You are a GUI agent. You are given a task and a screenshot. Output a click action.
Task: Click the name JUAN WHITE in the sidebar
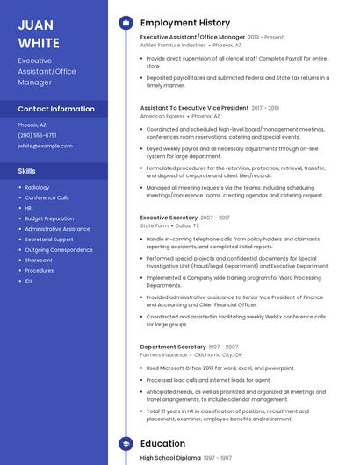coord(39,33)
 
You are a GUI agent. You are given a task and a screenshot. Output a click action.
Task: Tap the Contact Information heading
coord(56,109)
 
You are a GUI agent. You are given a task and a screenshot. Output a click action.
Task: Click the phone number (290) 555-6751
coord(37,135)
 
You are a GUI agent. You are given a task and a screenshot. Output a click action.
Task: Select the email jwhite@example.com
coord(45,146)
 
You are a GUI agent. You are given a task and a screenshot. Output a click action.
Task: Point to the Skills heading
coord(27,171)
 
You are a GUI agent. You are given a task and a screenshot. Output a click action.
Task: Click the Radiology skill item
coord(37,187)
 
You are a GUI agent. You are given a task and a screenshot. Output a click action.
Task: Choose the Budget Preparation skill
coord(49,218)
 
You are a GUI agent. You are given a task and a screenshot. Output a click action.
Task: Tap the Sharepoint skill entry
coord(39,260)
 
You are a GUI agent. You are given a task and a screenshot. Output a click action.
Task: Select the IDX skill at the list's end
coord(29,281)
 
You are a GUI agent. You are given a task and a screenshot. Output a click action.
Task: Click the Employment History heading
coord(185,23)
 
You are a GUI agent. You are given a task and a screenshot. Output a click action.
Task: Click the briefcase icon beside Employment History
coord(126,23)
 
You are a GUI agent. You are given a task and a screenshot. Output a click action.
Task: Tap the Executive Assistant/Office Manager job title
coord(192,38)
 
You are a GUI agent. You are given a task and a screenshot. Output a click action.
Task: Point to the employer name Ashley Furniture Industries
coord(173,46)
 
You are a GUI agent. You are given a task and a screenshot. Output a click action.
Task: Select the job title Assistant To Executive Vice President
coord(194,108)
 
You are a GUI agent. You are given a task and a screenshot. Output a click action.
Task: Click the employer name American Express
coord(162,116)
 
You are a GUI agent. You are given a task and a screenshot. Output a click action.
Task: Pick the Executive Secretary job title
coord(169,217)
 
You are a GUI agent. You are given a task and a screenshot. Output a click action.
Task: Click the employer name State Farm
coord(154,225)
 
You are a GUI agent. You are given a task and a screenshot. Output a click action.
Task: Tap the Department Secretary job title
coord(173,347)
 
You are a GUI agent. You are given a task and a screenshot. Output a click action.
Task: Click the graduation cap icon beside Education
coord(126,444)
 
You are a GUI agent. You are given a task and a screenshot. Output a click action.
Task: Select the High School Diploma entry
coord(170,458)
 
